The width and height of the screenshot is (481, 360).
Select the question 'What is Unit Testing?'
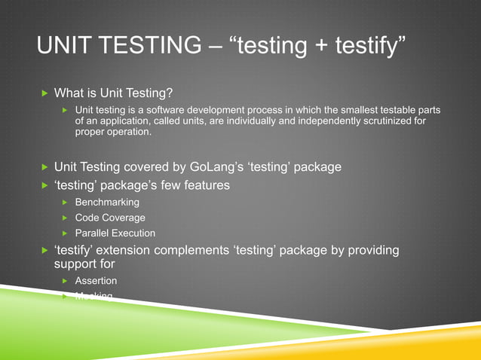point(114,93)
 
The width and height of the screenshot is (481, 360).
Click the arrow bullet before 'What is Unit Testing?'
point(44,93)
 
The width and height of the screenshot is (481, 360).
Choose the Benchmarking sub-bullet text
point(107,202)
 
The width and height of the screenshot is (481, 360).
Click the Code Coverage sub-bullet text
point(110,218)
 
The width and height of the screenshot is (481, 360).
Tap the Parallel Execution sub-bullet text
point(115,233)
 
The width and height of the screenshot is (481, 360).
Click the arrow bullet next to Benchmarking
point(66,202)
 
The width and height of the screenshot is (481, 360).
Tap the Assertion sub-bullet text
point(96,281)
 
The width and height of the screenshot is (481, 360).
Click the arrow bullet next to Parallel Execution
point(66,233)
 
